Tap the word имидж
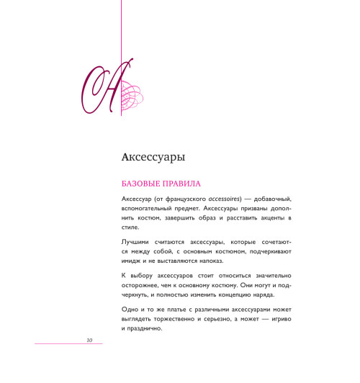tap(130, 261)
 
